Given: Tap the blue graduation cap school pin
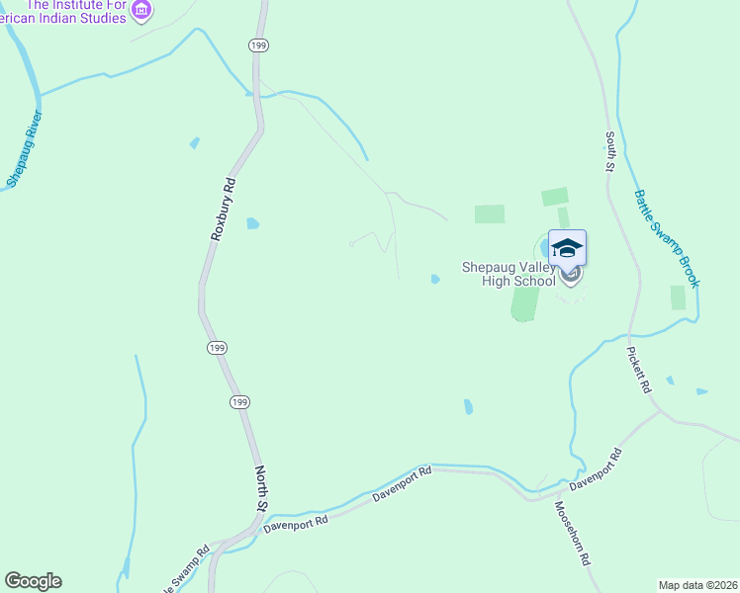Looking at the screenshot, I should click(567, 247).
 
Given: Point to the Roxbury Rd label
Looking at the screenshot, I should click(224, 210).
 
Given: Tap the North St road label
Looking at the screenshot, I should click(262, 488).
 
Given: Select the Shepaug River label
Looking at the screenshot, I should click(21, 149).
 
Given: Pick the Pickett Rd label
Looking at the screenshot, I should click(639, 370).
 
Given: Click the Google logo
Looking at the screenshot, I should click(33, 581).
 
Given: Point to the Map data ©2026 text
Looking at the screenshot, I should click(696, 585).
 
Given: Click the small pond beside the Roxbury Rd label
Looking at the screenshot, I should click(252, 223).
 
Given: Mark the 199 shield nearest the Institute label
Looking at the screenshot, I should click(258, 45).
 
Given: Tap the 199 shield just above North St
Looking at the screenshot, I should click(238, 402).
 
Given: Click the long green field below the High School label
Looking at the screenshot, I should click(523, 305).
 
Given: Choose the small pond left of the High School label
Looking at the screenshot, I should click(435, 280).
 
